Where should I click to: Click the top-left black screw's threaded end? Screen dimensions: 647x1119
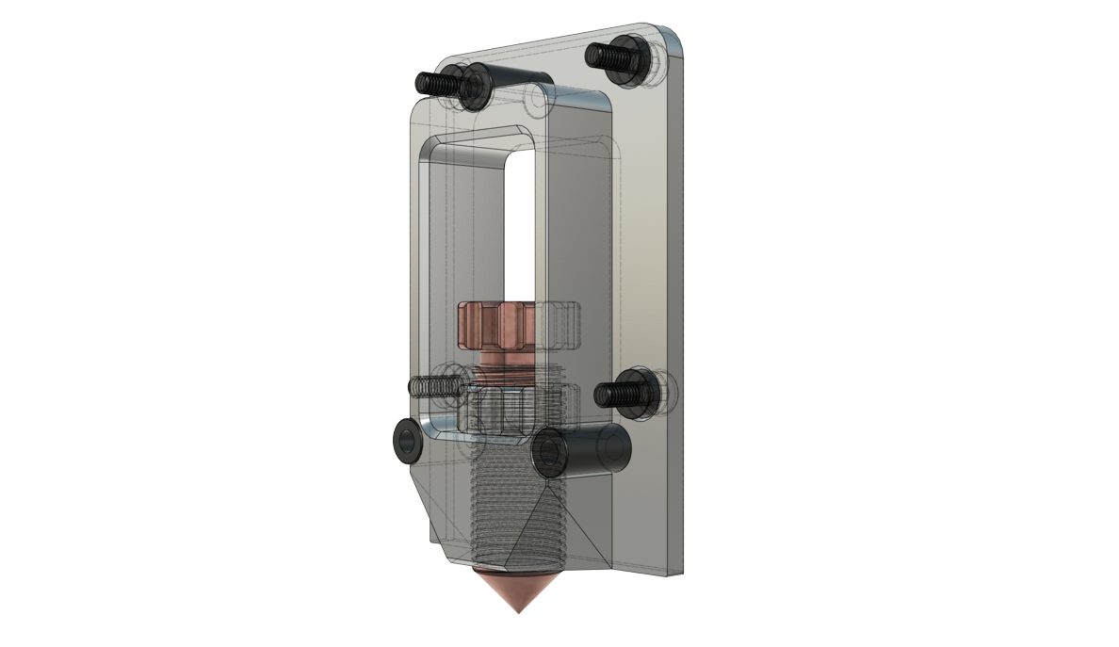pyautogui.click(x=430, y=83)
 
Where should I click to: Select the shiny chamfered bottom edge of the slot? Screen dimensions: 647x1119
pyautogui.click(x=443, y=429)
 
